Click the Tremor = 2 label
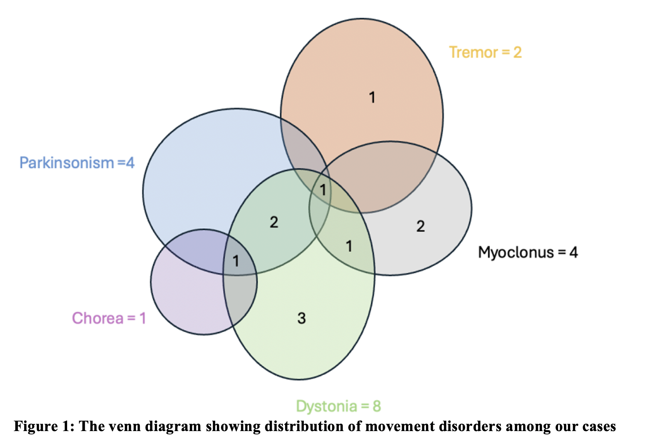[485, 52]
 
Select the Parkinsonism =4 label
[77, 163]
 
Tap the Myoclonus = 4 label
[528, 253]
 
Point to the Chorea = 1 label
[109, 318]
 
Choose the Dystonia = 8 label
[338, 406]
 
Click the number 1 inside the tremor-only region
[372, 98]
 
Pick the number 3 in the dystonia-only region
[302, 318]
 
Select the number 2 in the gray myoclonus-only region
[420, 226]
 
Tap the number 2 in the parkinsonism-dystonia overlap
[274, 222]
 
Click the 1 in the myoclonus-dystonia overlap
[349, 246]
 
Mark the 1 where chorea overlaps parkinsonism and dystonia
[236, 261]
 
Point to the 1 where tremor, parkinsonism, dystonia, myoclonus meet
[323, 190]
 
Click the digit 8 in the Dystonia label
[377, 406]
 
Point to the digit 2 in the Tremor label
[517, 52]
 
